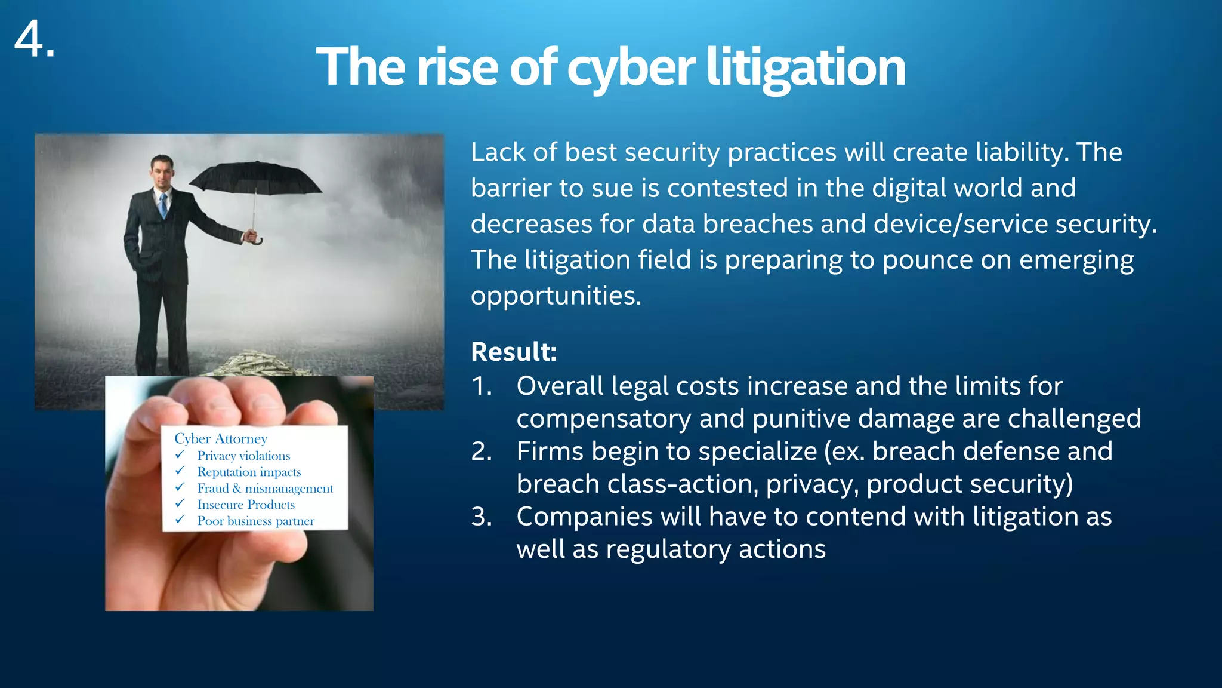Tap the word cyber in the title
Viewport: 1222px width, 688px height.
click(631, 67)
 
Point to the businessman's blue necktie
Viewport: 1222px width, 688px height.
click(163, 205)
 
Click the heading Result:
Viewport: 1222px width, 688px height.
click(514, 352)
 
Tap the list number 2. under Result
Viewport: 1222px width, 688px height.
click(482, 451)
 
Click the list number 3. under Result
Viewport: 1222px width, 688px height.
click(482, 517)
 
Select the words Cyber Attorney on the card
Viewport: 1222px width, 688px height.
click(221, 439)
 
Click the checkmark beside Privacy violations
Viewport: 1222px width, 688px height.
click(180, 455)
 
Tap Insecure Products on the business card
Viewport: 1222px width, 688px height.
click(246, 505)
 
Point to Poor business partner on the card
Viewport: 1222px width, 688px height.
click(255, 521)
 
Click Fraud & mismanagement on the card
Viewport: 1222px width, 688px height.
click(265, 489)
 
